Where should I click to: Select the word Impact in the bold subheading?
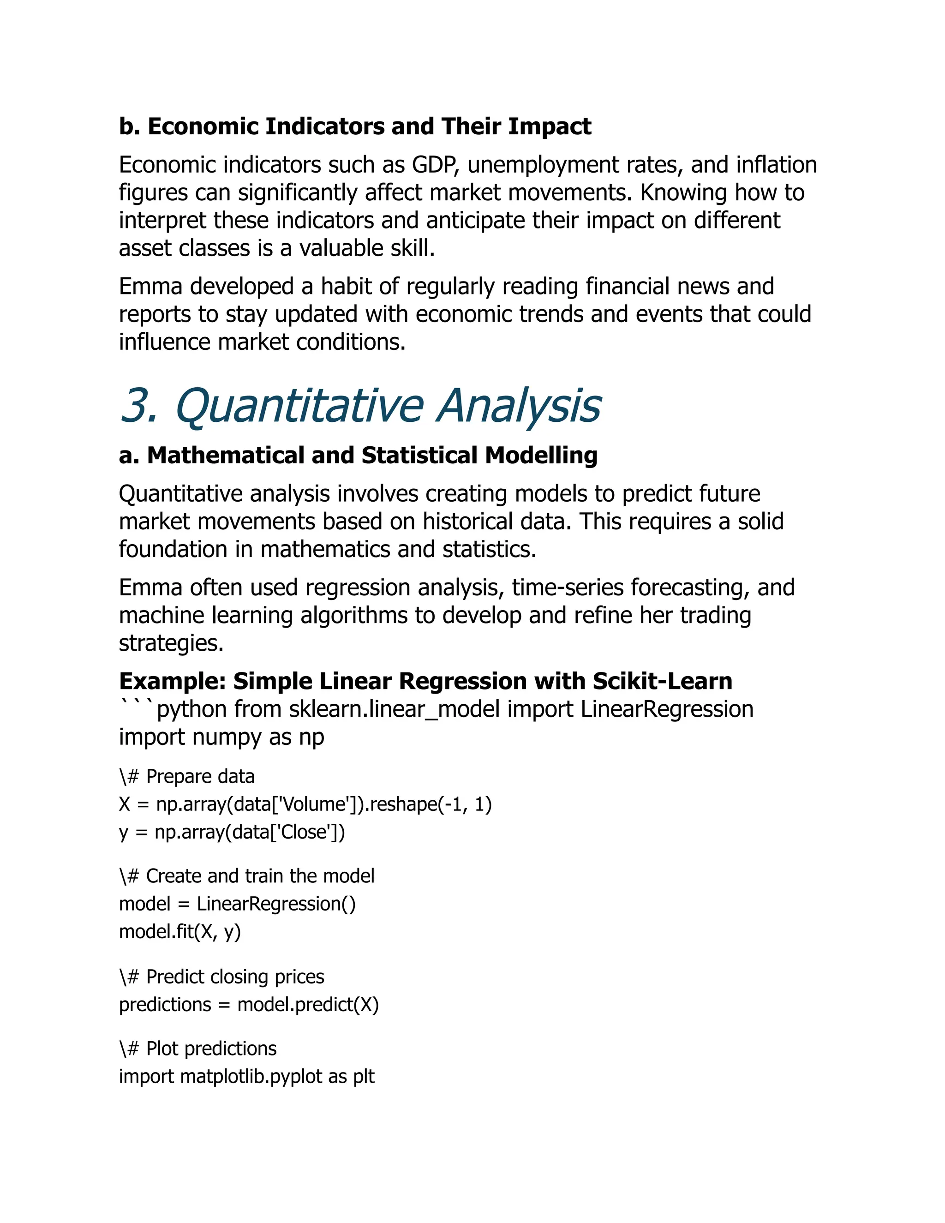[x=549, y=126]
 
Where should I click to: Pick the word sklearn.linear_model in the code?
[x=394, y=709]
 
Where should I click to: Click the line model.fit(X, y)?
[x=179, y=932]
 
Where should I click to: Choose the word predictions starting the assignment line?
[x=165, y=1005]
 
